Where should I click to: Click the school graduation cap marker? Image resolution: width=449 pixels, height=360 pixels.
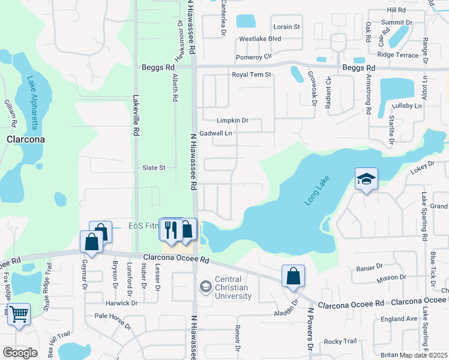(x=366, y=179)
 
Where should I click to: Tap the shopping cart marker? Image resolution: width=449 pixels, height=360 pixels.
(x=19, y=313)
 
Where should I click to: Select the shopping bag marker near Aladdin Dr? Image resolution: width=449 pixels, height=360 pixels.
(x=293, y=277)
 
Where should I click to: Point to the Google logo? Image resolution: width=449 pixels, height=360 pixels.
(x=20, y=353)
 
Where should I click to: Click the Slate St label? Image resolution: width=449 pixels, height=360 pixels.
(x=154, y=167)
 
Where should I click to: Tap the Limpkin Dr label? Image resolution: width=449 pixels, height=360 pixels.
(x=232, y=121)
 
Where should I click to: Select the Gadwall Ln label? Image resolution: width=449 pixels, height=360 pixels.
(x=216, y=133)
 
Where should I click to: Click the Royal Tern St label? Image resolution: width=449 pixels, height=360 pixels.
(x=252, y=75)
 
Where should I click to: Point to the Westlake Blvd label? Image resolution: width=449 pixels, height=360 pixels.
(x=260, y=39)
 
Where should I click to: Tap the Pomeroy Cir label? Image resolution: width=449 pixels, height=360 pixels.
(x=254, y=57)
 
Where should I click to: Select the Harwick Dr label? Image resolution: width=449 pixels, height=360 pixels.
(x=122, y=303)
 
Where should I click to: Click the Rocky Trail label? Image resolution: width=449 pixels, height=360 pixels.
(x=340, y=341)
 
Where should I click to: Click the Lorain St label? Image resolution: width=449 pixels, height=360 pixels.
(x=287, y=27)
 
